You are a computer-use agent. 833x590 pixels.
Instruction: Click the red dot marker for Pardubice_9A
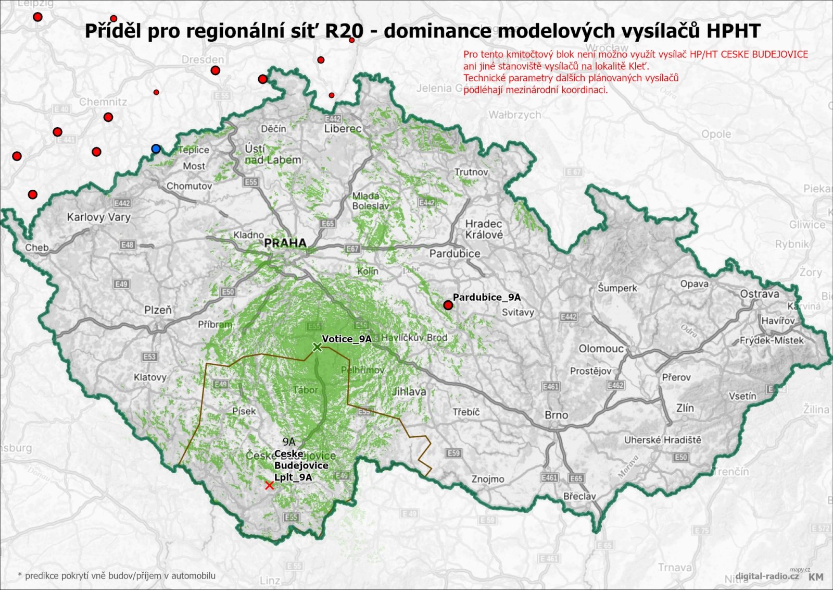(x=448, y=305)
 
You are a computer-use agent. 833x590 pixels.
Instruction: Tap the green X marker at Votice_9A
(x=317, y=347)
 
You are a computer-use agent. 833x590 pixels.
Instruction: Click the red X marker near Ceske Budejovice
(x=269, y=486)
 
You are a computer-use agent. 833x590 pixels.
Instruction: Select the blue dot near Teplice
(x=156, y=149)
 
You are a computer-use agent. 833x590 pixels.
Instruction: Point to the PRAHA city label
(x=285, y=243)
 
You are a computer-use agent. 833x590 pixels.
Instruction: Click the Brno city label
(x=556, y=415)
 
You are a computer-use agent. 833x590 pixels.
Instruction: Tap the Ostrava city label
(x=760, y=294)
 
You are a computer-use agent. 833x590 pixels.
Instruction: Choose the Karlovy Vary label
(x=98, y=217)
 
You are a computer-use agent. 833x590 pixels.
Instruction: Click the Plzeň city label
(x=158, y=310)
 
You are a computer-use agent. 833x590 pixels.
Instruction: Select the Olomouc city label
(x=601, y=349)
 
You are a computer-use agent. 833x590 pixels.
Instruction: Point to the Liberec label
(x=343, y=129)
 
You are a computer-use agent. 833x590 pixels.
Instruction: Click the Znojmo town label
(x=488, y=479)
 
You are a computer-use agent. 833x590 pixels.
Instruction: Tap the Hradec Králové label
(x=484, y=229)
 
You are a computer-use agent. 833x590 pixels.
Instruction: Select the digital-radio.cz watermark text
(x=767, y=576)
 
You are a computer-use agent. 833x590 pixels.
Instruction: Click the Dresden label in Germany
(x=203, y=60)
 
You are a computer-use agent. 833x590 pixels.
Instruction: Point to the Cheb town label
(x=36, y=248)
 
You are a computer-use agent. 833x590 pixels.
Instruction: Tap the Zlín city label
(x=685, y=408)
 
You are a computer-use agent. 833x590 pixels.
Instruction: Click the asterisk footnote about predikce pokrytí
(x=117, y=576)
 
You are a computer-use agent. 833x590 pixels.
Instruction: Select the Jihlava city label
(x=409, y=391)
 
